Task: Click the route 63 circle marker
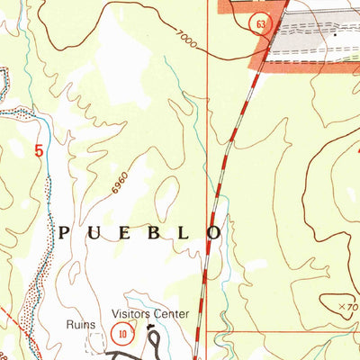coord(260,25)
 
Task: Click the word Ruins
coord(79,325)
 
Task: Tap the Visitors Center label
coord(150,314)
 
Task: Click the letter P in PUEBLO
coord(65,232)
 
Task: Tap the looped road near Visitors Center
coord(155,340)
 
